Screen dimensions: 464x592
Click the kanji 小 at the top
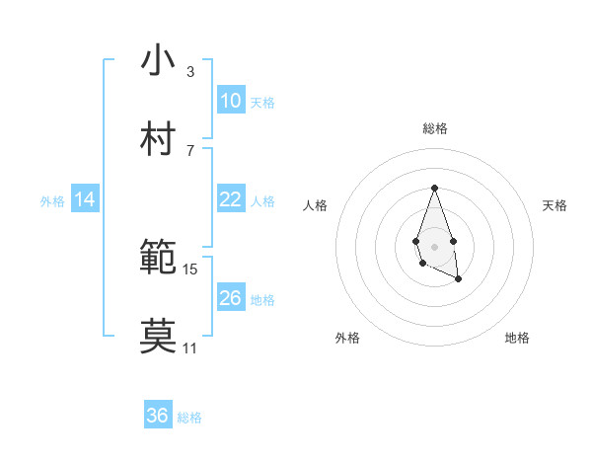[x=158, y=60]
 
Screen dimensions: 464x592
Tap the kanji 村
[x=158, y=139]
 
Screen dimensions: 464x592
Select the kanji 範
[x=158, y=258]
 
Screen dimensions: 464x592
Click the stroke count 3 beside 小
[x=189, y=72]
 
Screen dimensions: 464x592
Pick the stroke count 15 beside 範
[x=190, y=269]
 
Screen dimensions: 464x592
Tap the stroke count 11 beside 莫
[x=189, y=348]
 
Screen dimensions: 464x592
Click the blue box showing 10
[x=230, y=101]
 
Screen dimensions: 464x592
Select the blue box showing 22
[x=230, y=199]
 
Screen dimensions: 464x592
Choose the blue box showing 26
[x=230, y=298]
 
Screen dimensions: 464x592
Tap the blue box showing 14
[x=85, y=199]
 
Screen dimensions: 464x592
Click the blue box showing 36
[x=157, y=416]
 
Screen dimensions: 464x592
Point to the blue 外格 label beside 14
[x=52, y=200]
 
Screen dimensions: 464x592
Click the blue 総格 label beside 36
[x=189, y=417]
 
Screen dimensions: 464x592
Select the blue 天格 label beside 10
[x=262, y=102]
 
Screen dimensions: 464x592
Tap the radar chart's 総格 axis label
[x=434, y=128]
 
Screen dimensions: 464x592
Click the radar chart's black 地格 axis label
[x=517, y=338]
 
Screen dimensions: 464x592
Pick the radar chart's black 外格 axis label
[x=347, y=338]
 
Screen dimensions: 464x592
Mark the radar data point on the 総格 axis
[x=434, y=188]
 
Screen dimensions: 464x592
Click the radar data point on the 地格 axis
[x=458, y=279]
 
